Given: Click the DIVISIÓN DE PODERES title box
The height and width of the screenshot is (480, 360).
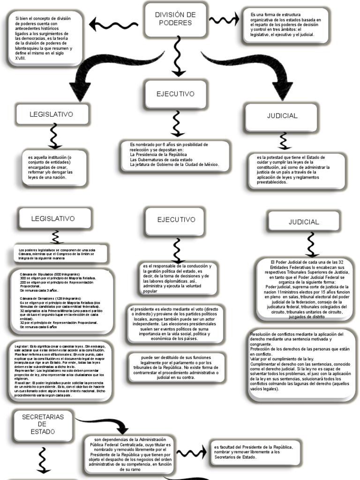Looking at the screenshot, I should click(175, 19).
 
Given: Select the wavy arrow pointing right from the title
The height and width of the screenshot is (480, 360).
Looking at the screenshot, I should click(224, 20).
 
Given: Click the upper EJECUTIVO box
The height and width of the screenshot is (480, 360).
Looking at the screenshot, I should click(175, 94).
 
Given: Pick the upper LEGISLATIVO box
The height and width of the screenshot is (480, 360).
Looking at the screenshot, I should click(52, 114).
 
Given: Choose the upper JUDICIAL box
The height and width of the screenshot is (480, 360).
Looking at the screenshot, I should click(282, 115).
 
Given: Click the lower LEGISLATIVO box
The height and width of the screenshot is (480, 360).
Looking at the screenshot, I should click(53, 219).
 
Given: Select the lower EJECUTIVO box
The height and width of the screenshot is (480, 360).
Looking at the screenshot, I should click(176, 219).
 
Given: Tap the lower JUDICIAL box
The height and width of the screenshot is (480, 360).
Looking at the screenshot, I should click(303, 222).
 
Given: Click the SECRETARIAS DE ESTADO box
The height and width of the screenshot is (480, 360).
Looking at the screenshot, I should click(43, 423).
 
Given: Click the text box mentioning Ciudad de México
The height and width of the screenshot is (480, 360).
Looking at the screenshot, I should click(175, 155).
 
